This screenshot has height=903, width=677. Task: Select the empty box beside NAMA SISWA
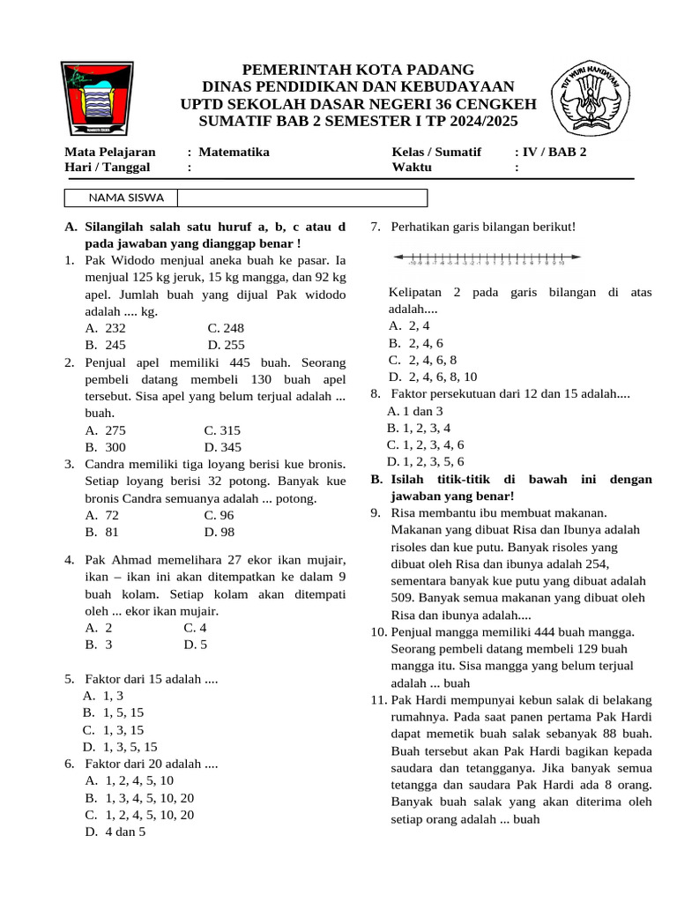(x=302, y=198)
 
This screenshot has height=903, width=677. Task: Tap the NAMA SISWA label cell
(x=121, y=198)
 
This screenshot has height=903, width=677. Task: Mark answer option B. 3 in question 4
(x=99, y=645)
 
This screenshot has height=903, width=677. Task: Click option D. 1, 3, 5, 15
(x=120, y=747)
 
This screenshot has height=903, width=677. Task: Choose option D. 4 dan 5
(x=115, y=832)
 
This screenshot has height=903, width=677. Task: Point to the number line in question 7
(x=487, y=258)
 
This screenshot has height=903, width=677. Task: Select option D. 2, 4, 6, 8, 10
(x=433, y=377)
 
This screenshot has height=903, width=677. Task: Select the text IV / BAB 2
(x=554, y=152)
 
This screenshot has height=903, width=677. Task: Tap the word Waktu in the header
(x=413, y=167)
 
